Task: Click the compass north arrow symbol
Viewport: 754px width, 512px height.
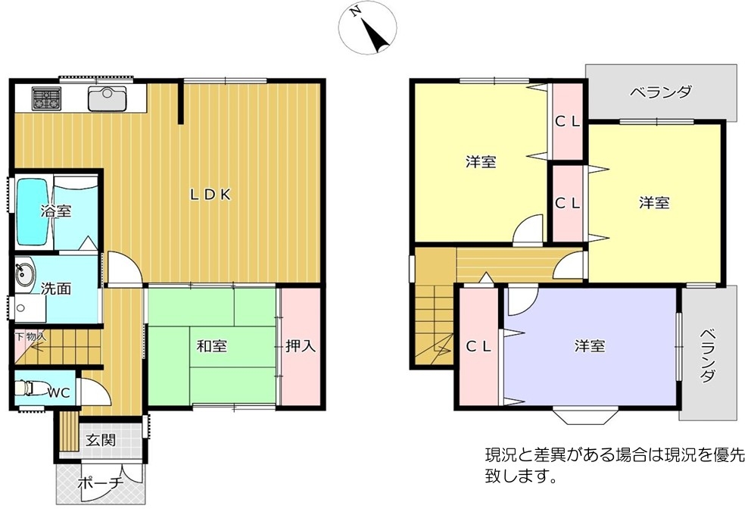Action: tap(368, 27)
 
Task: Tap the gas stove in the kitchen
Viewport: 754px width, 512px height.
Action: tap(47, 98)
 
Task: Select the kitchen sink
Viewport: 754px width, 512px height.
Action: tap(107, 98)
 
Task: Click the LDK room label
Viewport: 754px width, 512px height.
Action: tap(210, 195)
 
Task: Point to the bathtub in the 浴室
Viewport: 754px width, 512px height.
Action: tap(33, 212)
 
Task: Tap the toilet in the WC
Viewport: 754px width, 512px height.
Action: tap(29, 388)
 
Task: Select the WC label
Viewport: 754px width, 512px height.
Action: tap(58, 392)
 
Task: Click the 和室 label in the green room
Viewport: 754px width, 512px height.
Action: tap(211, 346)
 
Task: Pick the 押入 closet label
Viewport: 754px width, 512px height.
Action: tap(301, 345)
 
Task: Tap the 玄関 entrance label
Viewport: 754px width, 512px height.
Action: tap(101, 439)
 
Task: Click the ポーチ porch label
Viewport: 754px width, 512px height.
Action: tap(101, 482)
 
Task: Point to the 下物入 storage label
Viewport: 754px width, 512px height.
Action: tap(30, 336)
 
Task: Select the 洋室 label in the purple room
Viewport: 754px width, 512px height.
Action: tap(590, 346)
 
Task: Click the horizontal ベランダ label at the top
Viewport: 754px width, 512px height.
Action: tap(662, 92)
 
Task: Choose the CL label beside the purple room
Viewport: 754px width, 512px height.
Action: tap(478, 346)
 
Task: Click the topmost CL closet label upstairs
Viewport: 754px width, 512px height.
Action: tap(568, 122)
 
